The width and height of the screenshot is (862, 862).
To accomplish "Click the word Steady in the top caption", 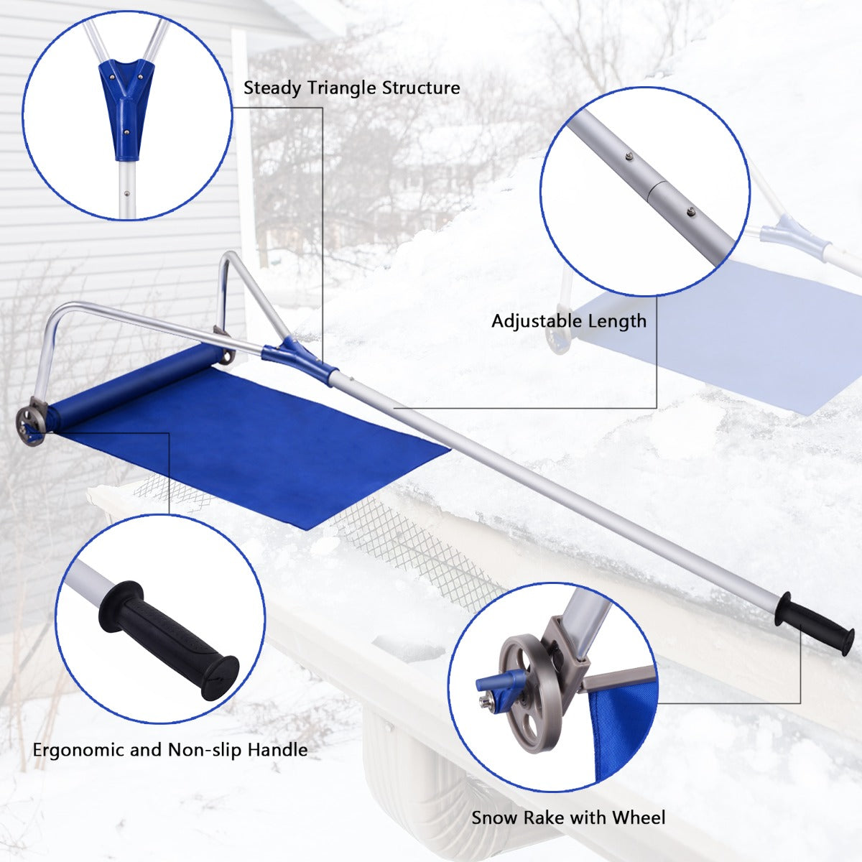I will tap(273, 88).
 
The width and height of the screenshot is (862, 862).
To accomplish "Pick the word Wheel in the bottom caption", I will tap(639, 817).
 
